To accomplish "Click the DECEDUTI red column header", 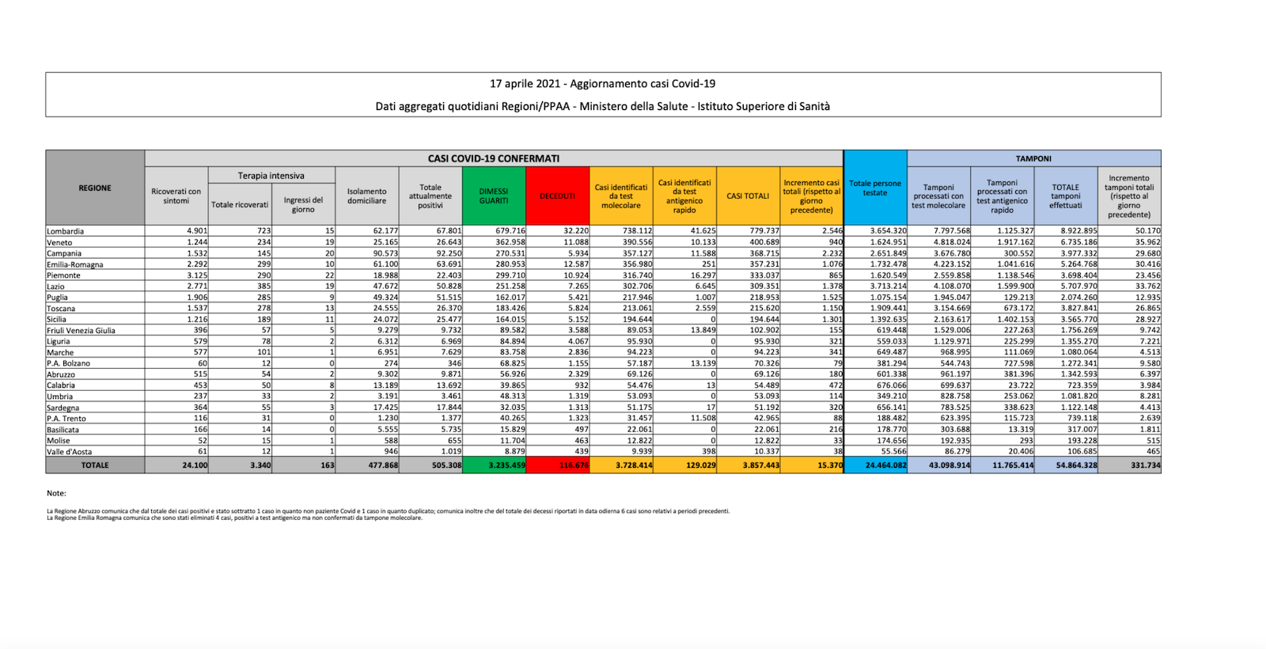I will click(558, 196).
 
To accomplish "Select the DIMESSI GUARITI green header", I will click(494, 196).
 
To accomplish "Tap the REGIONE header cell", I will click(95, 188).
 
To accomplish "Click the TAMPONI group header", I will click(1033, 158).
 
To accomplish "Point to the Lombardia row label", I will click(66, 231).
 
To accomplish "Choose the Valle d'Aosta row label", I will click(70, 452).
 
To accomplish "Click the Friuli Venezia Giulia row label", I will click(81, 331).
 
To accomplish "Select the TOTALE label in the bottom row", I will click(95, 465).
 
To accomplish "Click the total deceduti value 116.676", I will click(574, 465).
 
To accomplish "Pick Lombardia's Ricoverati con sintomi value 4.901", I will click(197, 231).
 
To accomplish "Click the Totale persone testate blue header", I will click(875, 188).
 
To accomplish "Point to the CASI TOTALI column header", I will click(748, 196).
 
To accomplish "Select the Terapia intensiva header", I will click(271, 176).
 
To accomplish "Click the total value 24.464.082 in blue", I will click(885, 465).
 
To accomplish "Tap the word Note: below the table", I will click(56, 493).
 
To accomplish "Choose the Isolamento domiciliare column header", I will click(367, 196).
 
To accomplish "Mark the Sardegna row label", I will click(63, 408).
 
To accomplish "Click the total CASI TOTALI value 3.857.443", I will click(760, 465).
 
